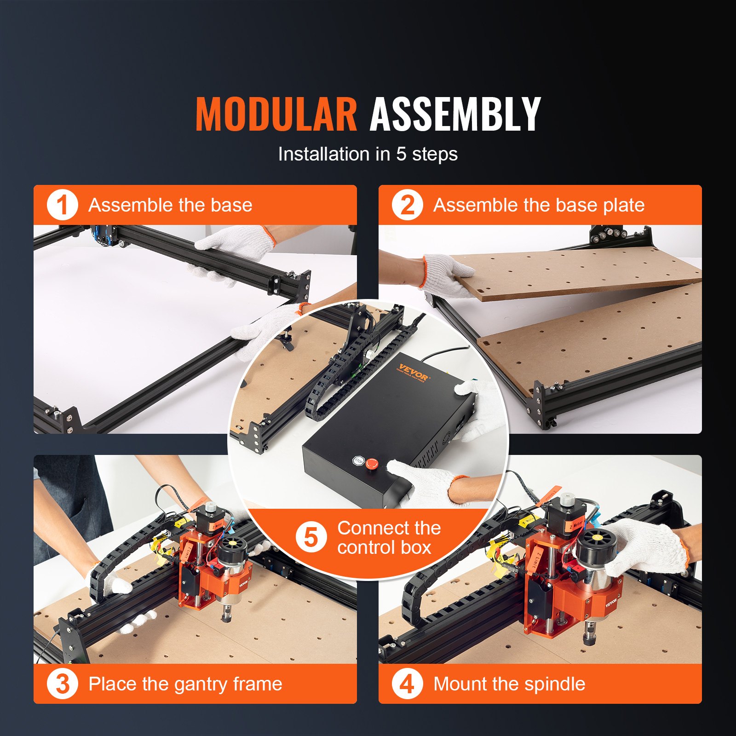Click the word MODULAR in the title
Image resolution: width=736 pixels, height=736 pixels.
276,114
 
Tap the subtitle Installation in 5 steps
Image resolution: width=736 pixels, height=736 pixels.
368,154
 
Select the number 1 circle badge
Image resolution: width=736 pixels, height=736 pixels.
62,205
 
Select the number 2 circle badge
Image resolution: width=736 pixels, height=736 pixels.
407,205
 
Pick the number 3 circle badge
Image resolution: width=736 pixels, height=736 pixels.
62,684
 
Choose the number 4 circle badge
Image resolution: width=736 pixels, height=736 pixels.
407,684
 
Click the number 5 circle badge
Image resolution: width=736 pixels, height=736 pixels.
311,537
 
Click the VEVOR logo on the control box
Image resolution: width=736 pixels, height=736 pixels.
413,372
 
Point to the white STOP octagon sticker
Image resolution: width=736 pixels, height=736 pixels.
358,460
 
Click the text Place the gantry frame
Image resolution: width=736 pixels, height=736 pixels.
185,684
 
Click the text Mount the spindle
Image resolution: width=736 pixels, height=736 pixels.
509,684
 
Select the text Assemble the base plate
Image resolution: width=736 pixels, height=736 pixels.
539,205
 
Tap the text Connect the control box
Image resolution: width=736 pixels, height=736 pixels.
389,537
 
